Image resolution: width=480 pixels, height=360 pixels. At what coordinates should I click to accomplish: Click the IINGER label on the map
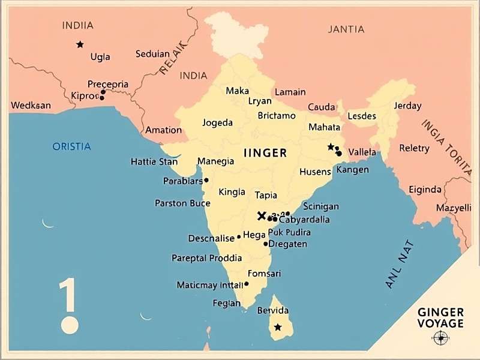pos(265,153)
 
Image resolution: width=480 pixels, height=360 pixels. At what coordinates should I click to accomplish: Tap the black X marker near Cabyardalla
pos(261,216)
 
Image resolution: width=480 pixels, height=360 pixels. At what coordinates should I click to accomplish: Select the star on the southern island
pos(277,327)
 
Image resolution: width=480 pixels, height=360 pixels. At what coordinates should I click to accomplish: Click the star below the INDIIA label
pos(80,44)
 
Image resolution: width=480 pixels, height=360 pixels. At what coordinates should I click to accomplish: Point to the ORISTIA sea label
pos(71,146)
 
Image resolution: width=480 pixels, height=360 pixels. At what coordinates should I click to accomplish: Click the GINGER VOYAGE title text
pos(440,318)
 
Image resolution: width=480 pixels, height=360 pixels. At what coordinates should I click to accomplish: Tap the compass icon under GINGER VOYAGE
pos(441,338)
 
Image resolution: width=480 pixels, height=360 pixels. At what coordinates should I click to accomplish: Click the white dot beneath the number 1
pos(70,325)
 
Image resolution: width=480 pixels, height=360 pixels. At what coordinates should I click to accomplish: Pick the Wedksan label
pos(31,106)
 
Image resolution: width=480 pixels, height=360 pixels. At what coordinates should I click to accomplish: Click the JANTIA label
pos(346,29)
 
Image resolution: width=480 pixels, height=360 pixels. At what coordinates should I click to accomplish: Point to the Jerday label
pos(407,106)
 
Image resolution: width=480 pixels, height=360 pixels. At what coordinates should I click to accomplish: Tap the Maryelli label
pos(454,208)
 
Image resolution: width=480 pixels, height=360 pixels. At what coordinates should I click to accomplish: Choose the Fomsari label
pos(264,274)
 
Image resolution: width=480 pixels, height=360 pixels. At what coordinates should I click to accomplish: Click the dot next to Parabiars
pos(206,180)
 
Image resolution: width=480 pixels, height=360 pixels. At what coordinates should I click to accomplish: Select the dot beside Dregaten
pos(265,244)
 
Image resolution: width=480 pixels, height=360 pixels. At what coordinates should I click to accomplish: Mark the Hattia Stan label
pos(154,162)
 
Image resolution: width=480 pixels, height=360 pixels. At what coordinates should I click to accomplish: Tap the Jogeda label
pos(217,123)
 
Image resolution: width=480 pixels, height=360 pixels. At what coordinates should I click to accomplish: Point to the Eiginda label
pos(425,190)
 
